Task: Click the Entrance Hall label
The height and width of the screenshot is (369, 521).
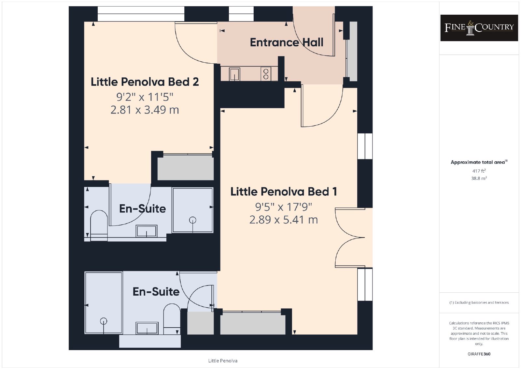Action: coord(287,42)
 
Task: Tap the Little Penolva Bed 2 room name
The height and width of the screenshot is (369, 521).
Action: coord(145,82)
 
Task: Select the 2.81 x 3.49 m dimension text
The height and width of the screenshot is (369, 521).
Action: coord(145,110)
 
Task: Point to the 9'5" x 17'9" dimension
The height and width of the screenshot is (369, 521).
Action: coord(284,207)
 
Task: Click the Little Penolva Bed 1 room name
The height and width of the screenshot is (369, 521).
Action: coord(284,192)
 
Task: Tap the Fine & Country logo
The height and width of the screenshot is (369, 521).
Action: coord(479,28)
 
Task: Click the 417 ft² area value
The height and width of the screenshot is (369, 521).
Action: coord(479,171)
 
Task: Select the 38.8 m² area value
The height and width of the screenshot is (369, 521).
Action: coord(479,178)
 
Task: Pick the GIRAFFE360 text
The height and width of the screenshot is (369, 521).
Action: coord(479,354)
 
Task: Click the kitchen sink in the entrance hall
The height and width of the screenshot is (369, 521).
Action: coord(234,74)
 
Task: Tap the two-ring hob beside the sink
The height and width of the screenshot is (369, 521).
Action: coord(266,74)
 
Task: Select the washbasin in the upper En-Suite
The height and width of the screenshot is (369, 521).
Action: coord(147,231)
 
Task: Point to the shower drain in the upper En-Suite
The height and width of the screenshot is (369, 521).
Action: coord(192,220)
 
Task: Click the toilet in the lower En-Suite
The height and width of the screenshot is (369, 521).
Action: coord(172,319)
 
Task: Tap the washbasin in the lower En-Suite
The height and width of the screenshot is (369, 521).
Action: coord(147,328)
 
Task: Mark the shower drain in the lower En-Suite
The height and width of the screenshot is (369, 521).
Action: coord(104,321)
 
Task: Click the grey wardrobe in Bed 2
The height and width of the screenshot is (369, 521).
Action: coord(186,168)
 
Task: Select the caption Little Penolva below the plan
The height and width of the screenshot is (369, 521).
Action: coord(223,361)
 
